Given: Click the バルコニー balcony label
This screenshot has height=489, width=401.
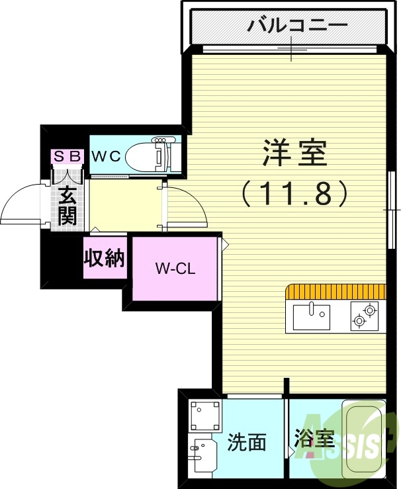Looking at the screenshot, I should click(297, 26).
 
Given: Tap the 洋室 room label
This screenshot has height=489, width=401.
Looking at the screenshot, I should click(294, 154).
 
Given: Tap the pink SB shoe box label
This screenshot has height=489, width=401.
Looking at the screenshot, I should click(67, 156).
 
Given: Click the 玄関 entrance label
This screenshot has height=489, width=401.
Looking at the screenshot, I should click(67, 206).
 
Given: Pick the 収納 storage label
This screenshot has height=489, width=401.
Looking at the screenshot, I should click(105, 258).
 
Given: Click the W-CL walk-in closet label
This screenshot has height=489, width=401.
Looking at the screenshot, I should click(175, 269).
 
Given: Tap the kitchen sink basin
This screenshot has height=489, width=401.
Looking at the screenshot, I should click(311, 316).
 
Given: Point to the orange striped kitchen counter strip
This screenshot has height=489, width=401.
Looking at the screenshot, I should click(335, 292).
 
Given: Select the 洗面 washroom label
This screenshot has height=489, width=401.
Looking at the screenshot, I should click(247, 442).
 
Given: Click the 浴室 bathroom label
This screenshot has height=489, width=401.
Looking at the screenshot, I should click(313, 439).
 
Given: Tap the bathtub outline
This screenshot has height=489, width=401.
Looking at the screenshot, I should click(363, 437).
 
